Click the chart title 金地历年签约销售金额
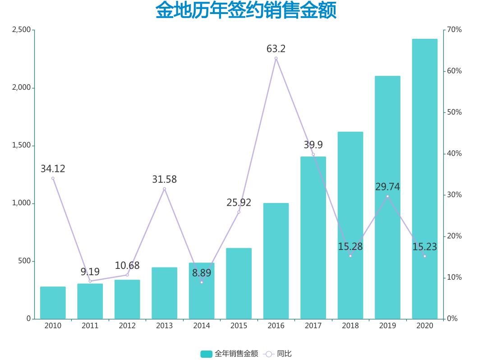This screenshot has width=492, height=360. pos(246,11)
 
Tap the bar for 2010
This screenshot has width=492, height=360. pos(53,303)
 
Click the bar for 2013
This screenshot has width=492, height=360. pos(164,293)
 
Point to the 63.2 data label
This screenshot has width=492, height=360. pos(276,49)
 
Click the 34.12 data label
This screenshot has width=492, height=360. pos(53,169)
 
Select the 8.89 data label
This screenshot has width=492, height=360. pos(202,273)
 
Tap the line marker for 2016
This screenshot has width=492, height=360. pos(276,58)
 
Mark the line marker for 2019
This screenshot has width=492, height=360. pos(387,196)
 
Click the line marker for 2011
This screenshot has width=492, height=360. pos(90,281)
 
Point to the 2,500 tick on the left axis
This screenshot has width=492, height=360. pos(21,30)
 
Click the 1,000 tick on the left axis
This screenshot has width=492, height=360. pos(21,203)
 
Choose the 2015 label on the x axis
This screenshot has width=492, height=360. pos(239,326)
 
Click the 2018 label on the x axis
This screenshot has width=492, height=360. pos(350,326)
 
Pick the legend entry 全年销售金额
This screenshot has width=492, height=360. pos(230,354)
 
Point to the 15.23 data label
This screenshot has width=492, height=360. pos(424,247)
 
